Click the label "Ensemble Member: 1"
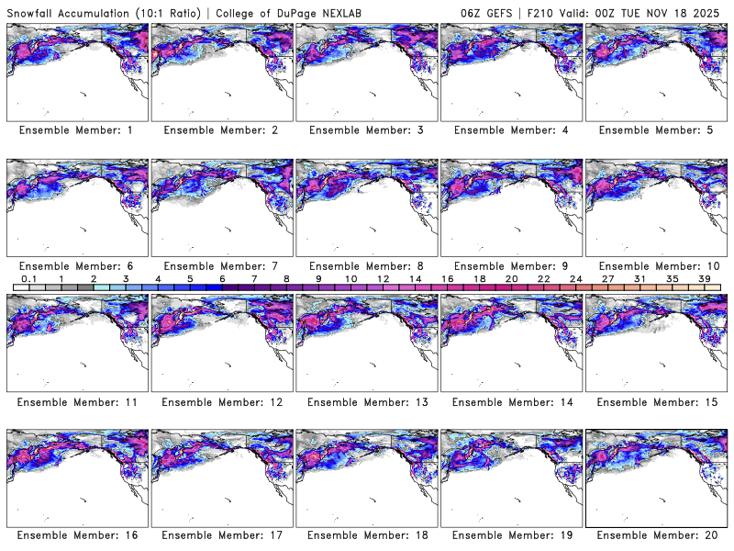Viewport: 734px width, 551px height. (76, 130)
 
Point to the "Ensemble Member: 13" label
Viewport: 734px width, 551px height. (365, 401)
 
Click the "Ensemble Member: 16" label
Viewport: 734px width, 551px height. (76, 535)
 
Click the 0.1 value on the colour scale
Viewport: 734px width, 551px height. (28, 279)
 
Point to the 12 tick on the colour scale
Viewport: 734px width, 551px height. (383, 279)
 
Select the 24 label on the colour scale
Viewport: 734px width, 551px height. (576, 279)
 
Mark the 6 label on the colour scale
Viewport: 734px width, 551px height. (222, 279)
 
